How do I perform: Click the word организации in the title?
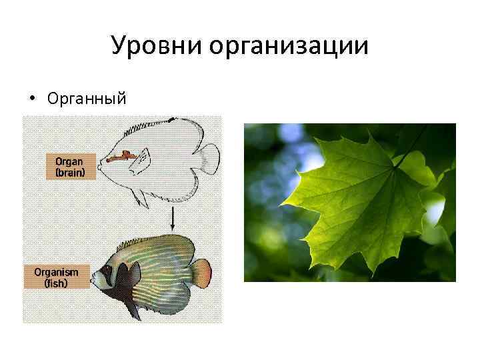click(x=288, y=47)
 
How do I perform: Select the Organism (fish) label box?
click(x=57, y=277)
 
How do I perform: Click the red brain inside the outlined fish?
click(x=124, y=158)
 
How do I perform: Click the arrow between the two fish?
click(x=172, y=217)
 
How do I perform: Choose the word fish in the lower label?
click(x=57, y=282)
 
